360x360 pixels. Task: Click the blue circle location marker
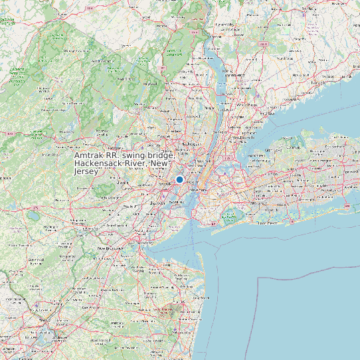pyautogui.click(x=179, y=179)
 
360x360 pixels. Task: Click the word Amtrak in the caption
pyautogui.click(x=89, y=155)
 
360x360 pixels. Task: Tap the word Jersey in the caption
pyautogui.click(x=86, y=171)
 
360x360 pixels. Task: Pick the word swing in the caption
pyautogui.click(x=131, y=155)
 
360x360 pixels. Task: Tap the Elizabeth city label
pyautogui.click(x=157, y=203)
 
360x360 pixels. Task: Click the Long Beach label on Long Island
pyautogui.click(x=267, y=223)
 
